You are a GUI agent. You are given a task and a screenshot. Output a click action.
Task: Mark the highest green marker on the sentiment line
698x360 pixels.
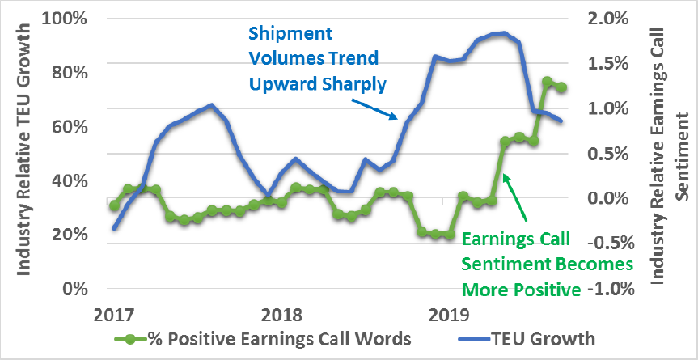tap(547, 82)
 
